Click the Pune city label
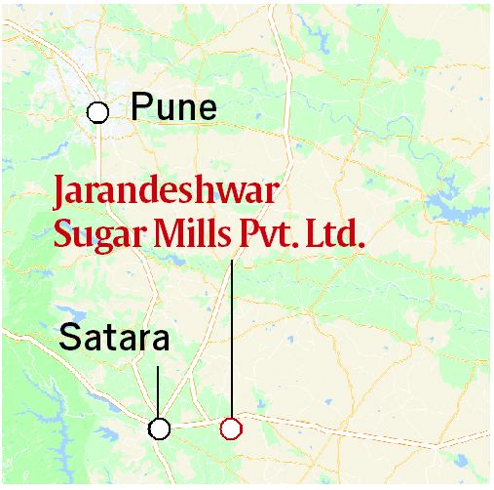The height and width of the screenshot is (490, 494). pos(173,107)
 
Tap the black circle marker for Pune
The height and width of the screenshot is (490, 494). pos(97,111)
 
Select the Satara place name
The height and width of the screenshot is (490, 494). pos(115,339)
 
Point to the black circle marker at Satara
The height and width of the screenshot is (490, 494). pos(159,428)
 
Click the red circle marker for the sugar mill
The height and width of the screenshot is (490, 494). pos(231,428)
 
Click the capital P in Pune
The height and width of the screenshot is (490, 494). pos(140,107)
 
